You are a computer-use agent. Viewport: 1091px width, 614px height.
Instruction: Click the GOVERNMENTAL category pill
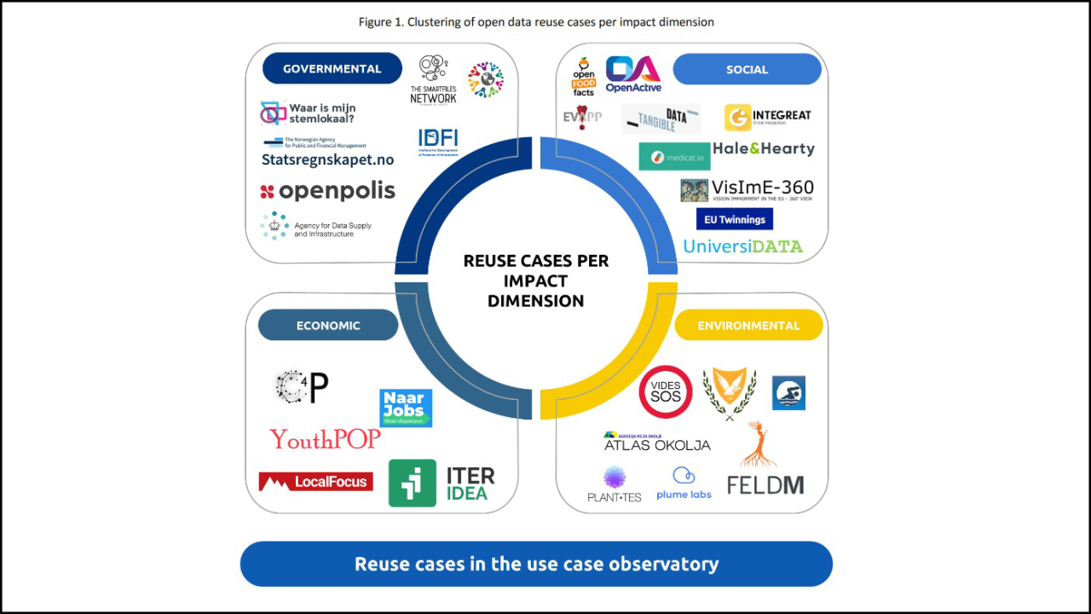click(332, 69)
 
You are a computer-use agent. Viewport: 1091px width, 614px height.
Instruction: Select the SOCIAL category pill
click(747, 70)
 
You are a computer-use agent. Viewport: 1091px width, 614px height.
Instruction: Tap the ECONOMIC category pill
click(328, 325)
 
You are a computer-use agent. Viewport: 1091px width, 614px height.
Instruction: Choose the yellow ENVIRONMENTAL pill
click(748, 325)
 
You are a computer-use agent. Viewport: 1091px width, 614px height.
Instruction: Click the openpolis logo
click(328, 191)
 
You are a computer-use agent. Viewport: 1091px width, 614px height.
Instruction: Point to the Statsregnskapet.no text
click(328, 159)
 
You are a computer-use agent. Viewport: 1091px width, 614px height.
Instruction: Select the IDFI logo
click(438, 141)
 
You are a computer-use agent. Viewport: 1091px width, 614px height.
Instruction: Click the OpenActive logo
click(633, 74)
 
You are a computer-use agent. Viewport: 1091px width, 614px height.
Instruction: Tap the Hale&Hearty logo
click(764, 148)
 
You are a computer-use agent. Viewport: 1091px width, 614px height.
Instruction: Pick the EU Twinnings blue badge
click(735, 219)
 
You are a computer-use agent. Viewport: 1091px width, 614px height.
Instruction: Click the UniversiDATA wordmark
click(743, 246)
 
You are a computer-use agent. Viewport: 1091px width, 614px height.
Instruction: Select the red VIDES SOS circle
click(666, 392)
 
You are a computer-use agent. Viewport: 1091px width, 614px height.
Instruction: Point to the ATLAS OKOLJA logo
click(656, 442)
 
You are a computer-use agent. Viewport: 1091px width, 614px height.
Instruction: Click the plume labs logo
click(684, 484)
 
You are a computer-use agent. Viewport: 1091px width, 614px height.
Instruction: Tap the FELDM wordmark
click(765, 485)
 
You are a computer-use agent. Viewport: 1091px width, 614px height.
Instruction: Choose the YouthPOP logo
click(325, 439)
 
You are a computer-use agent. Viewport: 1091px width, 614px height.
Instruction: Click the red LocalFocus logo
click(315, 482)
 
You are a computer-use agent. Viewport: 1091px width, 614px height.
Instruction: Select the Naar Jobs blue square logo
click(406, 408)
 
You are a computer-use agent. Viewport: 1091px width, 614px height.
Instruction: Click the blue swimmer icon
click(788, 393)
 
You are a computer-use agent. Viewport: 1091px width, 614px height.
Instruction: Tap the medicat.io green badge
click(674, 157)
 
